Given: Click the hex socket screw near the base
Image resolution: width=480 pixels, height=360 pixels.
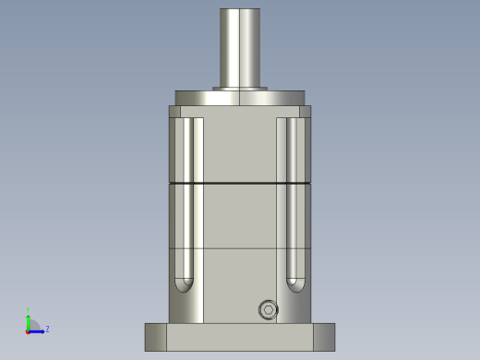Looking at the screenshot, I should click(268, 310).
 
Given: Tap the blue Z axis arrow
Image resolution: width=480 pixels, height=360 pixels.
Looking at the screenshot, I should click(39, 330).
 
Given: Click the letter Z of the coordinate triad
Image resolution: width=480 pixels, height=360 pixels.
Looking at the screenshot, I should click(47, 329).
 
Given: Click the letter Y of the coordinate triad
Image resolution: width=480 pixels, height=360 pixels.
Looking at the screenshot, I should click(29, 310).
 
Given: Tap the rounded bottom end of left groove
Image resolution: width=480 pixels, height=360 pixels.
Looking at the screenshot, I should click(185, 284).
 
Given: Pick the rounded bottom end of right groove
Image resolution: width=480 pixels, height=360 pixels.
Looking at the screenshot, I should click(295, 284).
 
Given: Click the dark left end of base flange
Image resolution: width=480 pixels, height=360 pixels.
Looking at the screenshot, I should click(155, 337).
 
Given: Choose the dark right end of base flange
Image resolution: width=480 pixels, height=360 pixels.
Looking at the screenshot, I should click(324, 337).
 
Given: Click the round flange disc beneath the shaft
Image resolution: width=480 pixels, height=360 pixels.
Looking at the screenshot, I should click(239, 98).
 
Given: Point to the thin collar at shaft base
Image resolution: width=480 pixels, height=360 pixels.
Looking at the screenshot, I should click(239, 89).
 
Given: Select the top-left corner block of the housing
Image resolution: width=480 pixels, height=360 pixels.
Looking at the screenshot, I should click(174, 112).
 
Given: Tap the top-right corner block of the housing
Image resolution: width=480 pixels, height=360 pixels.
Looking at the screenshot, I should click(305, 112).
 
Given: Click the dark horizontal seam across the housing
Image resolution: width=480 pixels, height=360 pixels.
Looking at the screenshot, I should click(239, 184).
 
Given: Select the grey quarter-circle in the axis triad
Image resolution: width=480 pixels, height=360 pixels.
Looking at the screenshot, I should click(33, 325).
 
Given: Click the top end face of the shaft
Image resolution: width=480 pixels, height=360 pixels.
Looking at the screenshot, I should click(239, 10).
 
